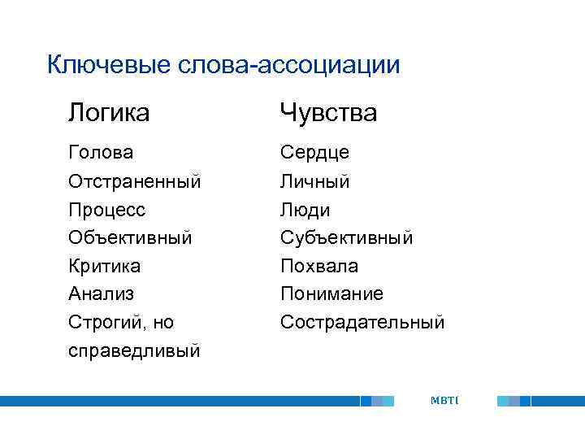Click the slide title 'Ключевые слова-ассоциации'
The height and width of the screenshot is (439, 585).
pyautogui.click(x=223, y=64)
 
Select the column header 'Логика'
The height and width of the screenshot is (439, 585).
pyautogui.click(x=109, y=113)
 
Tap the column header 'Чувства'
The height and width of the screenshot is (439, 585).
pyautogui.click(x=328, y=113)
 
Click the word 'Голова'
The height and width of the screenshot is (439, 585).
pyautogui.click(x=102, y=153)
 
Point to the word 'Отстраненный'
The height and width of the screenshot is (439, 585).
pyautogui.click(x=135, y=181)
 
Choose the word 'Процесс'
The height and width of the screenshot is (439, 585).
pyautogui.click(x=107, y=210)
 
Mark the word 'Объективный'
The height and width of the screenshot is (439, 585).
pyautogui.click(x=130, y=237)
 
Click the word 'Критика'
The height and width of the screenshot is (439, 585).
pyautogui.click(x=105, y=266)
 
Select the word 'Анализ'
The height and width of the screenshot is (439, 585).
pyautogui.click(x=102, y=293)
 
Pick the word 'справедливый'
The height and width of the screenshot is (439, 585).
pyautogui.click(x=135, y=351)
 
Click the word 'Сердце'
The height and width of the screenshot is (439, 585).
pyautogui.click(x=314, y=153)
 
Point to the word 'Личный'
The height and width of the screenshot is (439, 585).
pyautogui.click(x=314, y=181)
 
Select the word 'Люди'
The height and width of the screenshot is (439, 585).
pyautogui.click(x=305, y=210)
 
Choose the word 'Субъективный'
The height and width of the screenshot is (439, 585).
pyautogui.click(x=346, y=237)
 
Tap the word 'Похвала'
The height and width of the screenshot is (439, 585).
pyautogui.click(x=319, y=266)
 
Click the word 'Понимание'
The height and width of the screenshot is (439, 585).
pyautogui.click(x=331, y=293)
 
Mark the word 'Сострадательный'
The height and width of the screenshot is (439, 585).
pyautogui.click(x=362, y=323)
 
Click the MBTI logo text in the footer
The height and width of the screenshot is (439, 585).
pyautogui.click(x=444, y=400)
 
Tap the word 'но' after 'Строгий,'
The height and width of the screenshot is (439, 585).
pyautogui.click(x=162, y=323)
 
